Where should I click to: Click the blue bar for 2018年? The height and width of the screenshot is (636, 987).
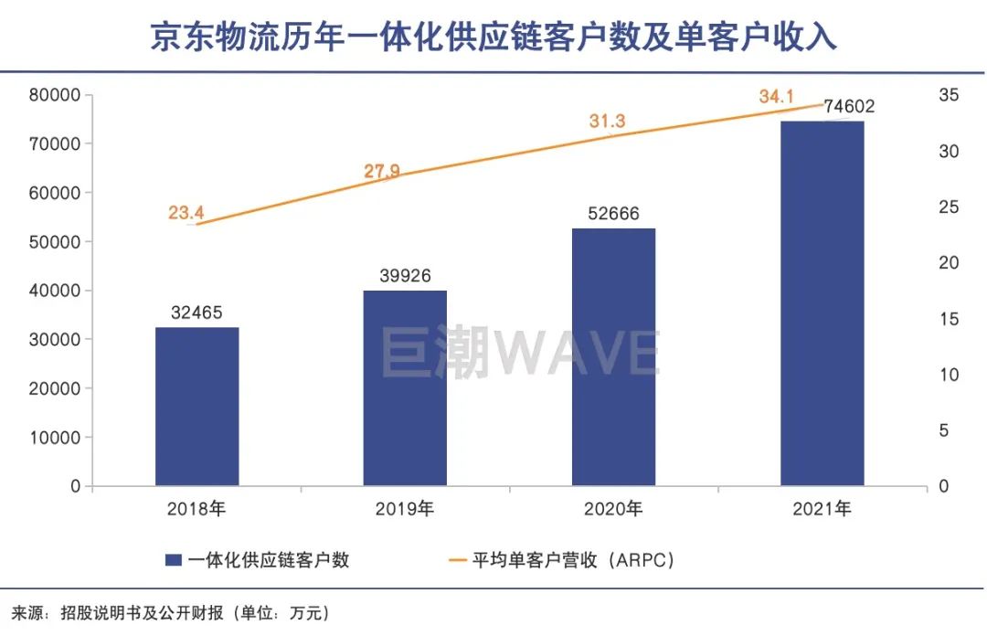click(x=196, y=407)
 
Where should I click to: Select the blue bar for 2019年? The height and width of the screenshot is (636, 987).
click(x=405, y=388)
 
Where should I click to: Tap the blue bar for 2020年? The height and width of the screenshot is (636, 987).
click(x=613, y=356)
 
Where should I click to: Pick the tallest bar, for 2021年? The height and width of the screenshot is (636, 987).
click(x=822, y=303)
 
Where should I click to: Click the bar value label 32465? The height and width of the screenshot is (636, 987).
click(x=196, y=313)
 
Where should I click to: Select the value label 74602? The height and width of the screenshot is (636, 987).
click(x=849, y=106)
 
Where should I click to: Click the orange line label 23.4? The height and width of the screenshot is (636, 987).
click(x=186, y=213)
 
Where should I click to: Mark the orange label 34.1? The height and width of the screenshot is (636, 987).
click(x=777, y=95)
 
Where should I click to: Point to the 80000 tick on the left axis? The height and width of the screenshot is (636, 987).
click(x=55, y=95)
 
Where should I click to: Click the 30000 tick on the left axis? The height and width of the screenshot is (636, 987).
click(x=55, y=340)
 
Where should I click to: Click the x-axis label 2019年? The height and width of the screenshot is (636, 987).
click(x=405, y=509)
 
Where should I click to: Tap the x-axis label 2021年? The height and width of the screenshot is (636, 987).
click(x=822, y=509)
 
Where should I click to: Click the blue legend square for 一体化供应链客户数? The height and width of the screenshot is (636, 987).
click(x=173, y=560)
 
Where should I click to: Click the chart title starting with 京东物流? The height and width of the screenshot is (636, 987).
click(x=493, y=37)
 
